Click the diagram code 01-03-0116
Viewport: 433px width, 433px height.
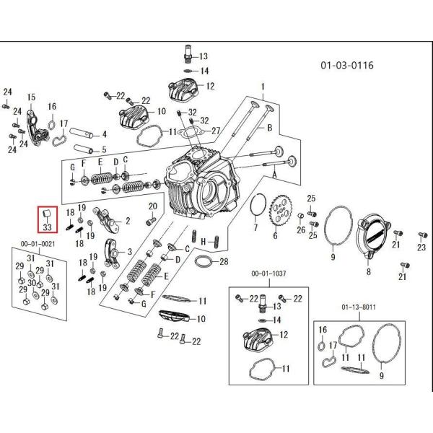pos(347,66)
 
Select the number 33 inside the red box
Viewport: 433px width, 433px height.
pos(48,227)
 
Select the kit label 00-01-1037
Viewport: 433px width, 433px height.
pos(266,274)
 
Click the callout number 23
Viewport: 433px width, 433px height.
pos(421,248)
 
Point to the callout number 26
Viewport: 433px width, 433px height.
pos(301,229)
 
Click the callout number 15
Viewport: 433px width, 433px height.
pos(31,97)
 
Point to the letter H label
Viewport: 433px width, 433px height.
pos(204,240)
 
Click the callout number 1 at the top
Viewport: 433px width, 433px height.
pos(263,85)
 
